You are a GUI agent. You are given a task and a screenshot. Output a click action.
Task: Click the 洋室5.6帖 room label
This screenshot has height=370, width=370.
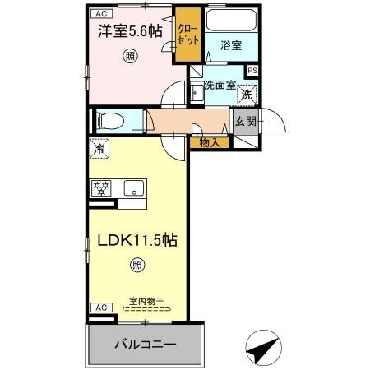(x=130, y=31)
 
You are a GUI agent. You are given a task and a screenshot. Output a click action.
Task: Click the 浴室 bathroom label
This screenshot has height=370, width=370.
(x=230, y=46)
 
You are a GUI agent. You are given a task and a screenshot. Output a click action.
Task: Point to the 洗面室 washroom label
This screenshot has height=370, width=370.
(x=220, y=85)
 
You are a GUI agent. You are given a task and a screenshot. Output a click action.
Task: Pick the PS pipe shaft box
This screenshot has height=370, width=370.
(x=252, y=71)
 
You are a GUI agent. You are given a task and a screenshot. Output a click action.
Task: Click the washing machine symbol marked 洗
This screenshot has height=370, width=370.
(x=245, y=95)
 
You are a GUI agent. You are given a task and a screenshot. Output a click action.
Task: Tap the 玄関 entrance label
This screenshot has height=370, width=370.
(x=245, y=122)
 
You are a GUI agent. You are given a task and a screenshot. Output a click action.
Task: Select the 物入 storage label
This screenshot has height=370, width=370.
(x=209, y=143)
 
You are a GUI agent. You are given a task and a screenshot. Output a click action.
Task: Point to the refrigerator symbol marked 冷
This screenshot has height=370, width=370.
(x=99, y=150)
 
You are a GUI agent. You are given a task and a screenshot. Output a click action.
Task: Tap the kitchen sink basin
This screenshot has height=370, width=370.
(x=132, y=188)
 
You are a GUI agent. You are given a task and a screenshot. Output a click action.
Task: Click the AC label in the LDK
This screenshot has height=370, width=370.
(x=99, y=307)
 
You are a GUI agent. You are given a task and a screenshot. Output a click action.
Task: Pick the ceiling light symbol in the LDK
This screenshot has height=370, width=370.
(x=137, y=265)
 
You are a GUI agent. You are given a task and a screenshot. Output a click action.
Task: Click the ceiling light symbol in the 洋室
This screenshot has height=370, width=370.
(x=130, y=56)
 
